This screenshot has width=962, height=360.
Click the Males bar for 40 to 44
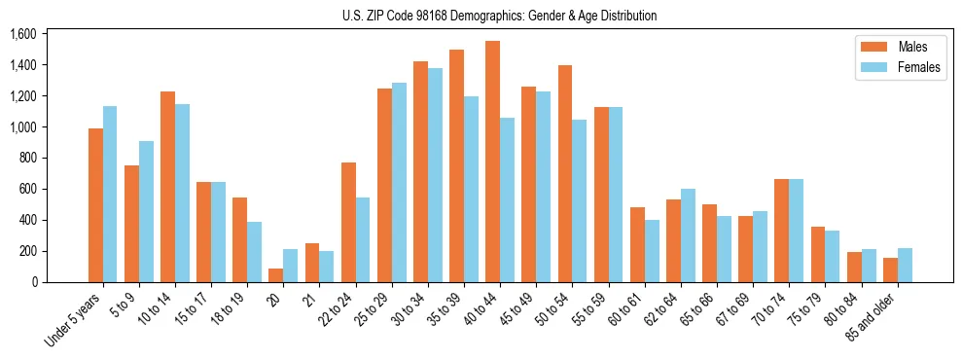492,162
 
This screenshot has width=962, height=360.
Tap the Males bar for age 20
275,275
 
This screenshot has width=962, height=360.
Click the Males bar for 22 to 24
348,223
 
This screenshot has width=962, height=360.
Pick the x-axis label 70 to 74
766,310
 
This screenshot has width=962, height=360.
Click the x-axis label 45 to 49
514,310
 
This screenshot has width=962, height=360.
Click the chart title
500,16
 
